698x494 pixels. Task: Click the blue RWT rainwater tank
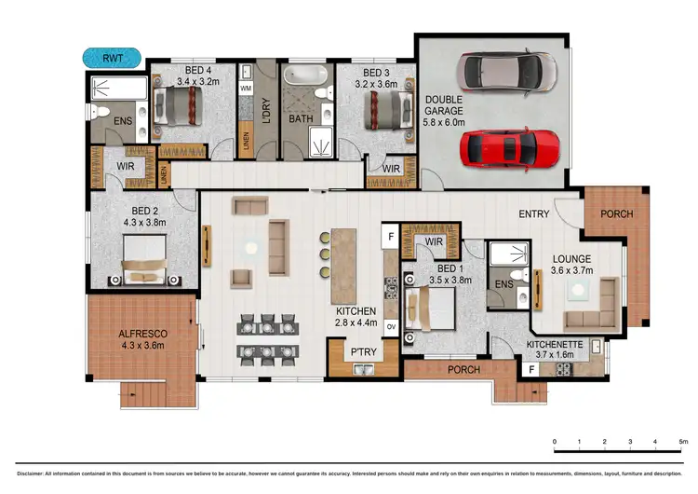[113, 58]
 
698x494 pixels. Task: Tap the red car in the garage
[512, 145]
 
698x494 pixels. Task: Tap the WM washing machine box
[247, 89]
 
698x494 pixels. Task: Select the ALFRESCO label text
[142, 335]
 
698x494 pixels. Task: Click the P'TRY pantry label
[361, 352]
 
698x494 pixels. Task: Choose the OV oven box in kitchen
[392, 327]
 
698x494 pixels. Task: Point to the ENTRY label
[534, 214]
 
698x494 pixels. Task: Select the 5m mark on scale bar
[682, 441]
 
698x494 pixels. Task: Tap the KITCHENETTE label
[555, 344]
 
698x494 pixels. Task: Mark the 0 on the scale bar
[555, 441]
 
